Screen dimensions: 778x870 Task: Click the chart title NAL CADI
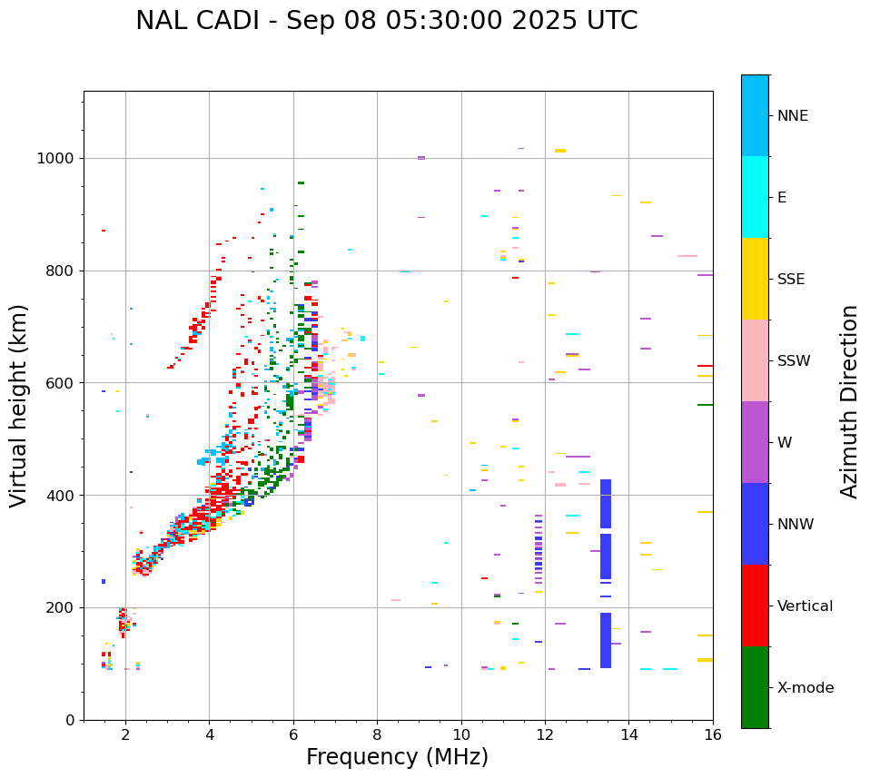click(386, 21)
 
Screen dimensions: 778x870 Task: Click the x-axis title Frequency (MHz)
click(397, 757)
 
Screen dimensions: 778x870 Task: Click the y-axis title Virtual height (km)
click(19, 406)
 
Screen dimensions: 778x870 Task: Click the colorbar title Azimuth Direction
click(849, 401)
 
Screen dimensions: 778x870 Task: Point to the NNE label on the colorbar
click(792, 116)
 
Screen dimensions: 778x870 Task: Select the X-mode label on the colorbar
click(805, 688)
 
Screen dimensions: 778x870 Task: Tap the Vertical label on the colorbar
click(805, 606)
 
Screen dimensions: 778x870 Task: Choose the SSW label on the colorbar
click(794, 361)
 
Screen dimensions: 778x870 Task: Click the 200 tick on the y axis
click(63, 608)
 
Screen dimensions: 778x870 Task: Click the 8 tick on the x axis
click(377, 734)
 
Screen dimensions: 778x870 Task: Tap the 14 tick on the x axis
click(628, 734)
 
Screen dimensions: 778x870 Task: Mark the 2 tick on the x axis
click(125, 734)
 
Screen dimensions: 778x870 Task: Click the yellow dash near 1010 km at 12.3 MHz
click(560, 151)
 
